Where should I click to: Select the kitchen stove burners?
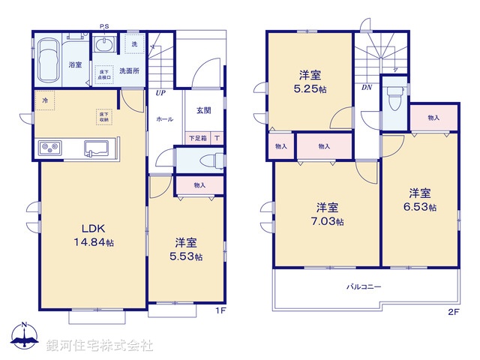pos(49,146)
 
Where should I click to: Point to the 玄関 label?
pos(204,110)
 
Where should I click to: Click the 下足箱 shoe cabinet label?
pos(197,138)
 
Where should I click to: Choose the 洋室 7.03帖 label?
pos(329,214)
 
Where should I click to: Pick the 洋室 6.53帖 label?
pos(422,199)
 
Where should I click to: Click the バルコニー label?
pos(364,286)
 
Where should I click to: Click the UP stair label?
pos(160,94)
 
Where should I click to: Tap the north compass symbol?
pos(24,337)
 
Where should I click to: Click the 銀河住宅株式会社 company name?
pos(100,346)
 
